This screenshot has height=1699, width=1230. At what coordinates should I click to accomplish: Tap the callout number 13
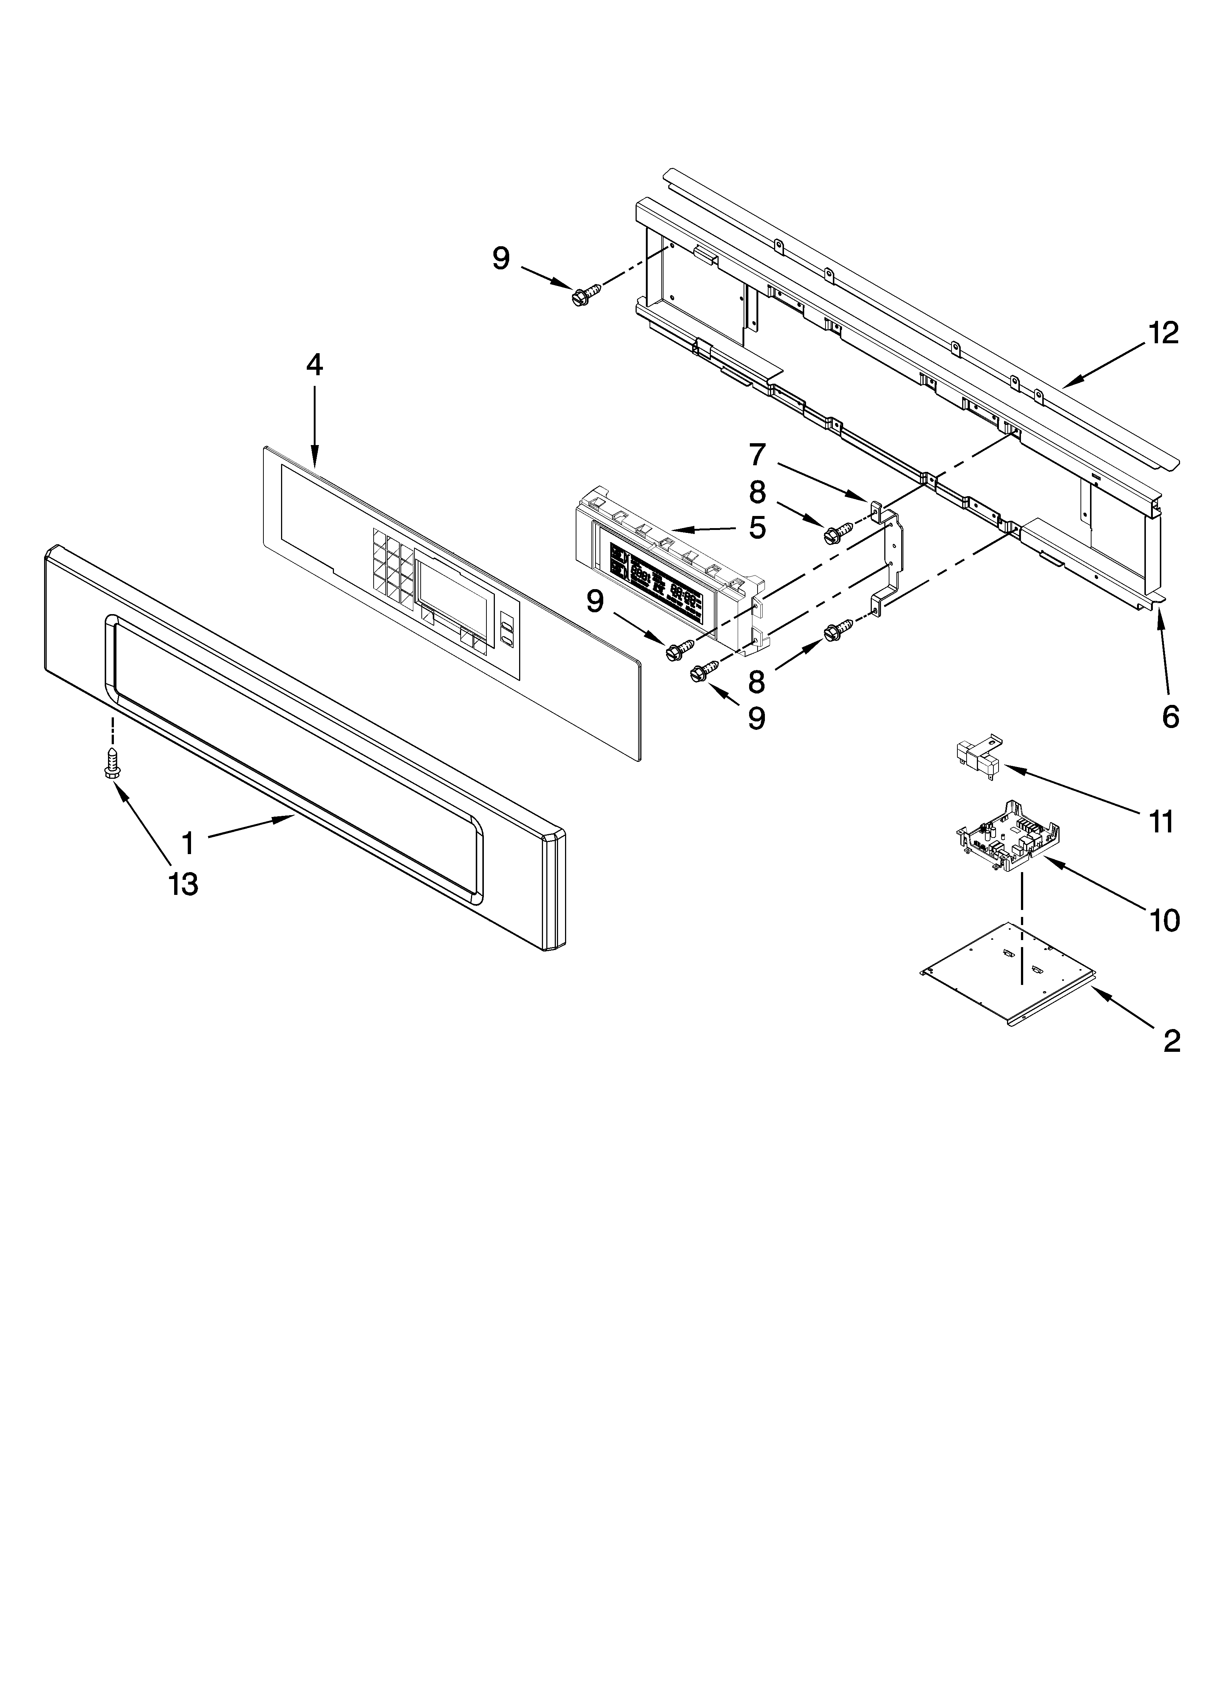(x=183, y=884)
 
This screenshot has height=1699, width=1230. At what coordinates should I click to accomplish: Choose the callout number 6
(x=1170, y=717)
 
